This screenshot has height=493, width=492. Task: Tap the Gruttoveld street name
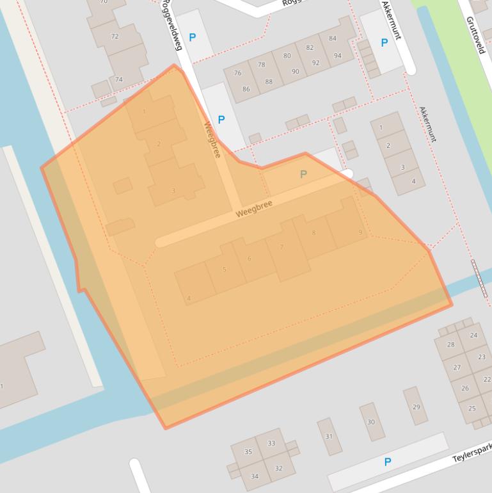pos(476,35)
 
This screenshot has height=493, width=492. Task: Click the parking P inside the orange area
pos(303,174)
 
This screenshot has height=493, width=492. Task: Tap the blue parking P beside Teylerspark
pos(387,462)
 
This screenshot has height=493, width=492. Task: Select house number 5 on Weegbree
pos(225,270)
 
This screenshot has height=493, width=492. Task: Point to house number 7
pos(282,247)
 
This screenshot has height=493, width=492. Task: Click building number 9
pos(361,232)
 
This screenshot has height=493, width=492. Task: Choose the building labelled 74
pos(118,79)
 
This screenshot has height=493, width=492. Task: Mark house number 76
pos(238,73)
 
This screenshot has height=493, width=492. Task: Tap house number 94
pos(337,55)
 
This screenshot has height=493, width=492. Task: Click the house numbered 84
pos(333,38)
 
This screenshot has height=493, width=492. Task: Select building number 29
pos(416,407)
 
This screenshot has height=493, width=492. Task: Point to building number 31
pos(329,437)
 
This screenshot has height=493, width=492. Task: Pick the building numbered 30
pos(371,422)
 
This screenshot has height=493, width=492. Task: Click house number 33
pos(271,443)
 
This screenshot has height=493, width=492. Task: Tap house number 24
pos(473,335)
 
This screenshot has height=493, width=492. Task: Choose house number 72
pos(115,36)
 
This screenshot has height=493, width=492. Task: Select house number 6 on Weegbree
pos(250,259)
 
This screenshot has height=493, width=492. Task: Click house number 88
pos(269,81)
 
